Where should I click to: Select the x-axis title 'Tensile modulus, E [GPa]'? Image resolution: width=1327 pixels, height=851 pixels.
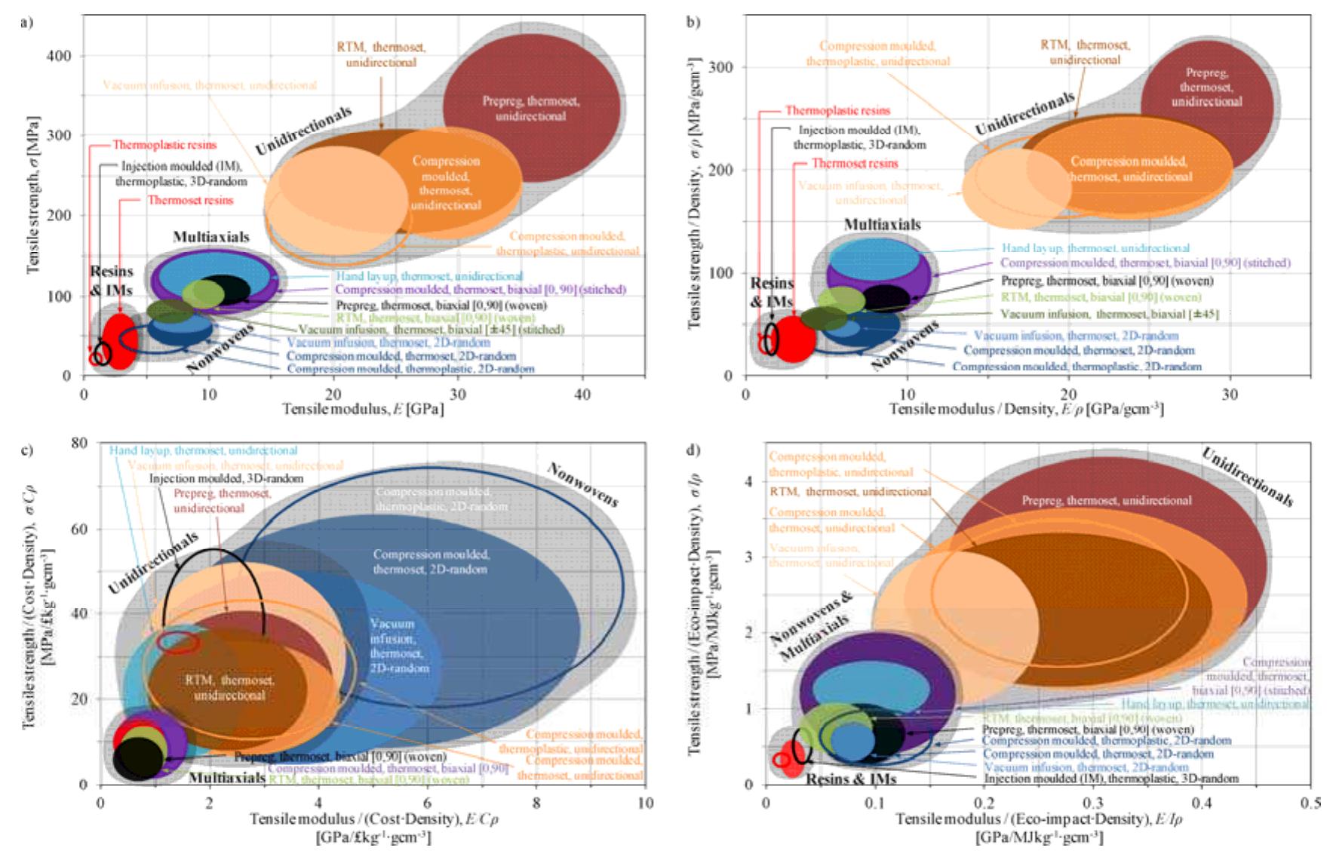(363, 409)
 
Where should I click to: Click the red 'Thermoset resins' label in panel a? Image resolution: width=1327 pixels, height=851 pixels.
(190, 201)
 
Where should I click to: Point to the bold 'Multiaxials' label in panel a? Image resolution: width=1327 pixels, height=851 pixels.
(210, 237)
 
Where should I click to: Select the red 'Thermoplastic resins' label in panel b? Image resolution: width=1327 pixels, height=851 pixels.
(837, 111)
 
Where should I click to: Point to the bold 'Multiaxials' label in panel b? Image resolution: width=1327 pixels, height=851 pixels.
(881, 225)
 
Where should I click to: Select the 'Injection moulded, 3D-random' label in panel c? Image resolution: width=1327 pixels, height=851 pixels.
(226, 479)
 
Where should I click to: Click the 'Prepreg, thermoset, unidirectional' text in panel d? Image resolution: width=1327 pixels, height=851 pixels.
(1106, 500)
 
